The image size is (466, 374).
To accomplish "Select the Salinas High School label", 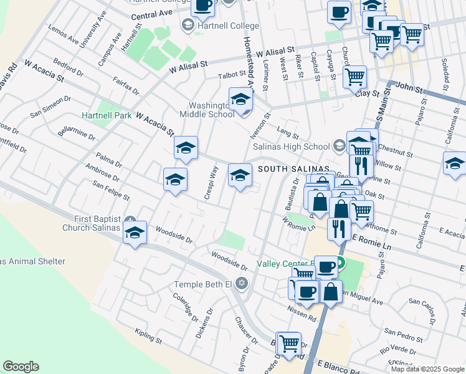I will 291,146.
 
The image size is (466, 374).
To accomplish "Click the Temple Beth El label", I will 202,284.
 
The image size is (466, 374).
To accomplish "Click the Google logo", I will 21,367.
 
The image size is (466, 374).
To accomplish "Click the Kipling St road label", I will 148,342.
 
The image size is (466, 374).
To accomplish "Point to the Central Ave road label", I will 152,13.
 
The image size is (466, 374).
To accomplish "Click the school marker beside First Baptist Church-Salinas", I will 135,234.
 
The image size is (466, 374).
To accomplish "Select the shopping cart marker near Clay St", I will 354,77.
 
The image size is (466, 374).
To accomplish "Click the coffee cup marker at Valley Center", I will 326,267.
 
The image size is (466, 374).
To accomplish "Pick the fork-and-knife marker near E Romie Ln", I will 339,229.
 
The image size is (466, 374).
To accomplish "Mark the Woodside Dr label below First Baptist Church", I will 174,234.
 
